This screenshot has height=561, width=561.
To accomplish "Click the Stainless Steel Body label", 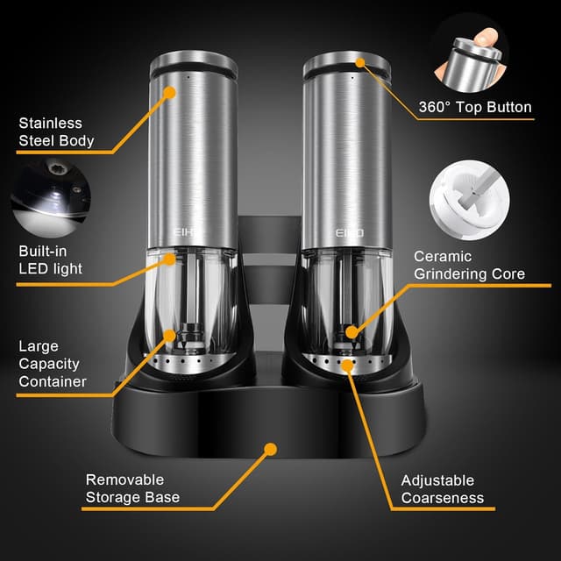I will pos(56,131).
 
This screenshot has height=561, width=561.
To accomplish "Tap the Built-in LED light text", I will pos(50,259).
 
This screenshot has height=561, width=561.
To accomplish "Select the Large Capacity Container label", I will pos(52,364).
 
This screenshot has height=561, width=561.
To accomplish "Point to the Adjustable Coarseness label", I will pos(442,488).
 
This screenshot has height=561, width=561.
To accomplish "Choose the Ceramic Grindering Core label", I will pos(469,265).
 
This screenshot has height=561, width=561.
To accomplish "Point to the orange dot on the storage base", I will pos(270,449).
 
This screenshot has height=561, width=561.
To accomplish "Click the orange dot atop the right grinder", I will pos(360,62).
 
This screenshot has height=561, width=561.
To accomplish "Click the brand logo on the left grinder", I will pos(187,235).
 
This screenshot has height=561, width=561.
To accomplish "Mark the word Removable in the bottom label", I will pos(124,479).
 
